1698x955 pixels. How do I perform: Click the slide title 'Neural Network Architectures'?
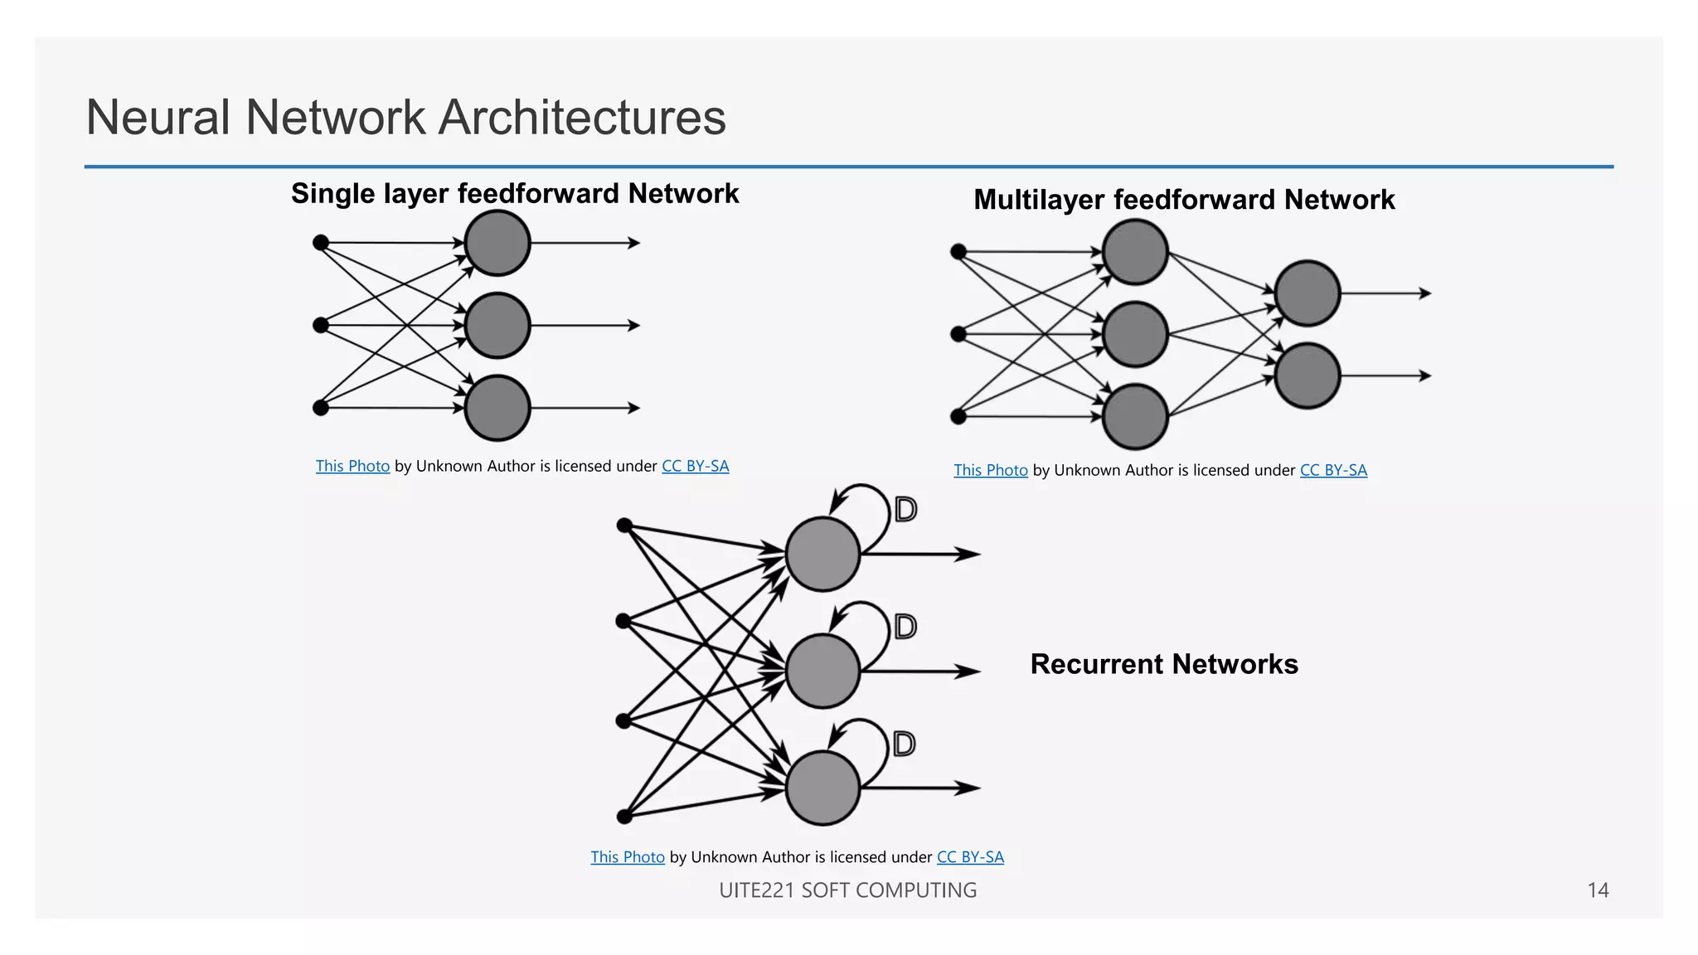(405, 117)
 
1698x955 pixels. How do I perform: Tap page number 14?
(1597, 890)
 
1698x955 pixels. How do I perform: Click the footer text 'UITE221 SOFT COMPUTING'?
(847, 890)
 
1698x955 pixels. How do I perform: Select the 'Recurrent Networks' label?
(1163, 664)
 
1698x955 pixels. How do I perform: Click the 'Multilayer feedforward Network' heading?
(1183, 200)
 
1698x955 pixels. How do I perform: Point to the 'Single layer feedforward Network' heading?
(514, 193)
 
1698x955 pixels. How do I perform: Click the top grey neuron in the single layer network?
(497, 243)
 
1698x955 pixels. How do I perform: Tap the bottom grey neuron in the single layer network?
(497, 408)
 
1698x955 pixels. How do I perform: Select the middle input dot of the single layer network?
(321, 325)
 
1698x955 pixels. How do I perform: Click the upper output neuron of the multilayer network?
(1307, 293)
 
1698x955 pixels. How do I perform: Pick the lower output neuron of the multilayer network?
(1307, 376)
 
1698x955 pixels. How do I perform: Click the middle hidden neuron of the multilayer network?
(1135, 334)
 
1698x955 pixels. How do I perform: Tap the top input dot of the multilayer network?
(958, 251)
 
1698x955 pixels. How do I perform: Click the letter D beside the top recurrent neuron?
(905, 509)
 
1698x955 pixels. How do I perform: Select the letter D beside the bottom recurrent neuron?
(905, 744)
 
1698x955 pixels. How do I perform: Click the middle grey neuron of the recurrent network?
(822, 671)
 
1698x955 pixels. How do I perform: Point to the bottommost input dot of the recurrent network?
(625, 817)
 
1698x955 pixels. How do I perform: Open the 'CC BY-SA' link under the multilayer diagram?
(1333, 470)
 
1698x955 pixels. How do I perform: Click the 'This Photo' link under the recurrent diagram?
(628, 857)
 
